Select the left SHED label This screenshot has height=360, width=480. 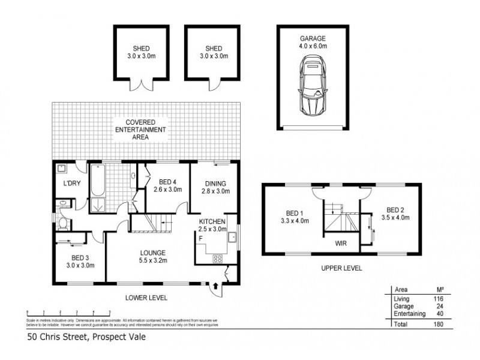pos(142,49)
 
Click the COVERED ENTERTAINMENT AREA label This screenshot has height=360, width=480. pos(142,130)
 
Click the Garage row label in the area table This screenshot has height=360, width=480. pos(403,306)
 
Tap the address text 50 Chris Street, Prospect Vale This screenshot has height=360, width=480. pos(87,337)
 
